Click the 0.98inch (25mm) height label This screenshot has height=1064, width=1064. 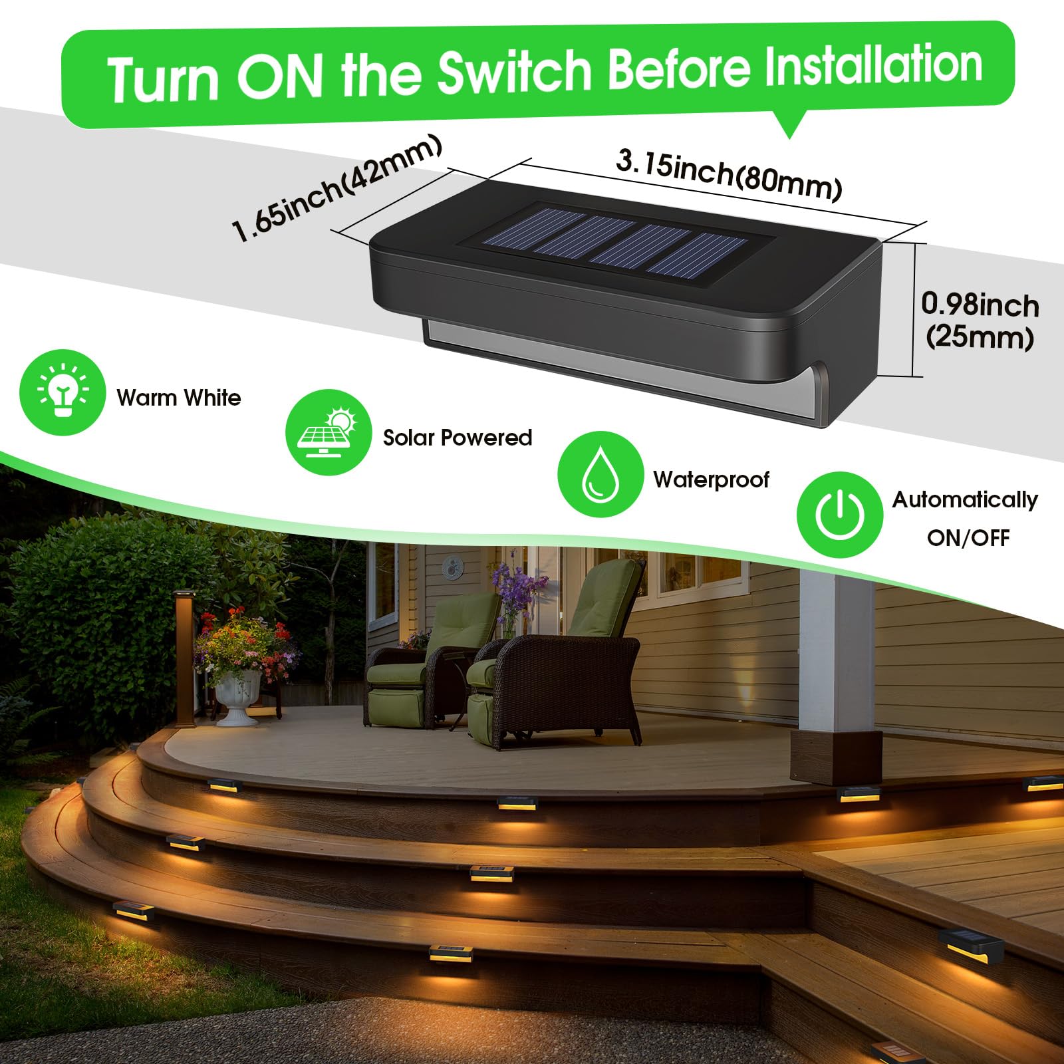pyautogui.click(x=980, y=321)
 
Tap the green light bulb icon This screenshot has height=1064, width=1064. pyautogui.click(x=63, y=393)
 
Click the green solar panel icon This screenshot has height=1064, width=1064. pyautogui.click(x=329, y=432)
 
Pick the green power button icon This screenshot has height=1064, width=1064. pyautogui.click(x=839, y=514)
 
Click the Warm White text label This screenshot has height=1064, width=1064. pyautogui.click(x=178, y=398)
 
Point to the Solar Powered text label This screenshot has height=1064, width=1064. pyautogui.click(x=458, y=437)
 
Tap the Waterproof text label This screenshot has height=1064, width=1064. pyautogui.click(x=711, y=479)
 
